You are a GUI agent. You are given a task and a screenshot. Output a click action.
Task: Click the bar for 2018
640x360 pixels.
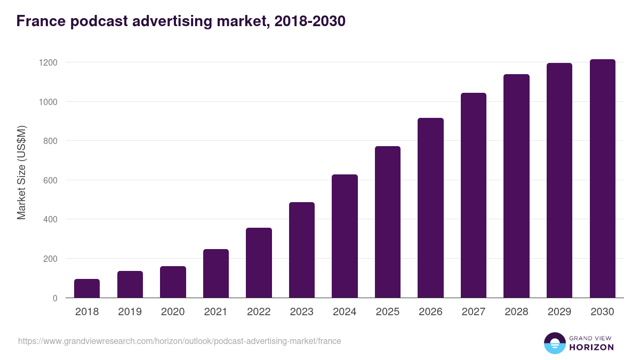(x=87, y=289)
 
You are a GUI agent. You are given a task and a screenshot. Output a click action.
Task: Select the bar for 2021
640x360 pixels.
(x=216, y=274)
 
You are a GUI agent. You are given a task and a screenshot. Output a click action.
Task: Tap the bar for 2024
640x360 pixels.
(x=345, y=236)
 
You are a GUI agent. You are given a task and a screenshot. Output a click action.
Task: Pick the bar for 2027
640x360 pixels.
(x=474, y=195)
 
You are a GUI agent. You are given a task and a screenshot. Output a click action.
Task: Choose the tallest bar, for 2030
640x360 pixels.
(x=602, y=179)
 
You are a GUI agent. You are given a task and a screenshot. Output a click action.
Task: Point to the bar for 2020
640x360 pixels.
(x=173, y=282)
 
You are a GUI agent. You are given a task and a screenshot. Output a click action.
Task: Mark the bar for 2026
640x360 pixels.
(x=430, y=208)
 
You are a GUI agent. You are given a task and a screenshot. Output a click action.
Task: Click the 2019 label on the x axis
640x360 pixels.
(x=130, y=312)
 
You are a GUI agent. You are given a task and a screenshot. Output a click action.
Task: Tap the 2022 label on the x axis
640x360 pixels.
(x=259, y=312)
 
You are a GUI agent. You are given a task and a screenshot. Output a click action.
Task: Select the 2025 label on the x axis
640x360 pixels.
(x=388, y=312)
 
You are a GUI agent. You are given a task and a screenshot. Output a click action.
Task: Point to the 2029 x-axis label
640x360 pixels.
(x=559, y=312)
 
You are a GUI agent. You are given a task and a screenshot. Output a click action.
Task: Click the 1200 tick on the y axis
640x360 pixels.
(x=48, y=62)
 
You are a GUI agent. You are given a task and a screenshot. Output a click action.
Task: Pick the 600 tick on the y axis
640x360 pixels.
(x=51, y=180)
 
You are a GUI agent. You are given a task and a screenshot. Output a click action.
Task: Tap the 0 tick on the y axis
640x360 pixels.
(x=55, y=298)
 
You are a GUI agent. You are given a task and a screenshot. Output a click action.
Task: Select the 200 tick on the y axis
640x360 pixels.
(x=51, y=259)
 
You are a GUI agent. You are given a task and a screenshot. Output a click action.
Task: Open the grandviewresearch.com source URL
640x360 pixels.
(x=179, y=341)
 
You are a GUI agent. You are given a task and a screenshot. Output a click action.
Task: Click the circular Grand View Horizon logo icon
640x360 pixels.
(x=555, y=343)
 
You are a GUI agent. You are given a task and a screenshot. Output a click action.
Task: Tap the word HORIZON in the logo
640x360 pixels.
(x=592, y=347)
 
